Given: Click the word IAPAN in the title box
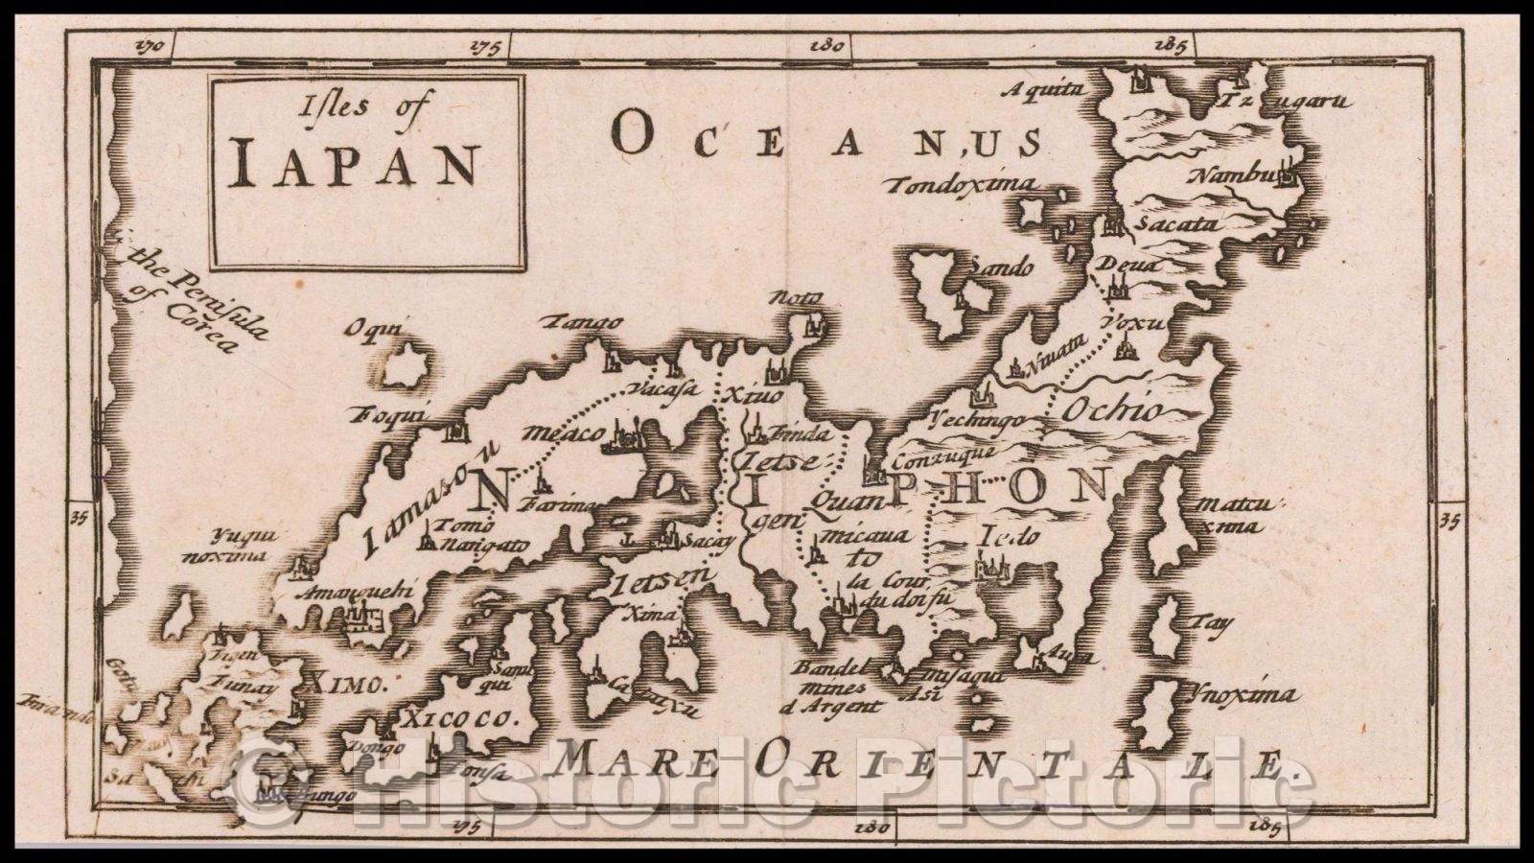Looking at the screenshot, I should click(x=355, y=164).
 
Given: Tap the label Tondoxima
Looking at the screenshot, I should click(x=962, y=185).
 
